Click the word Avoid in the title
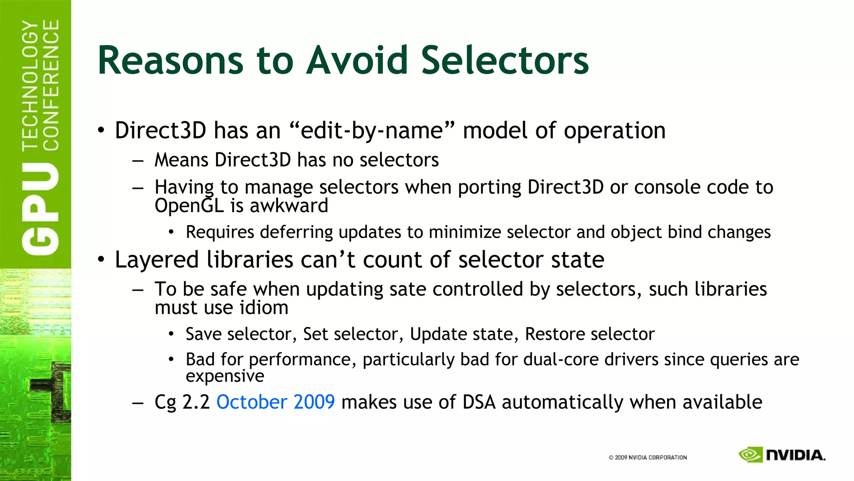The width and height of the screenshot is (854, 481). (357, 61)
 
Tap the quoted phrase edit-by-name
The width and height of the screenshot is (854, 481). (372, 130)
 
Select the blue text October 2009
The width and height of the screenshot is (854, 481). (275, 402)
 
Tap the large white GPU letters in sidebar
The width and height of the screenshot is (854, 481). (40, 209)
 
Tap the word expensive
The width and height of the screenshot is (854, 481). (225, 376)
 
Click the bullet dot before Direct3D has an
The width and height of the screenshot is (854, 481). (101, 131)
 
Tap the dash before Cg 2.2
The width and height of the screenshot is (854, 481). (138, 403)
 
